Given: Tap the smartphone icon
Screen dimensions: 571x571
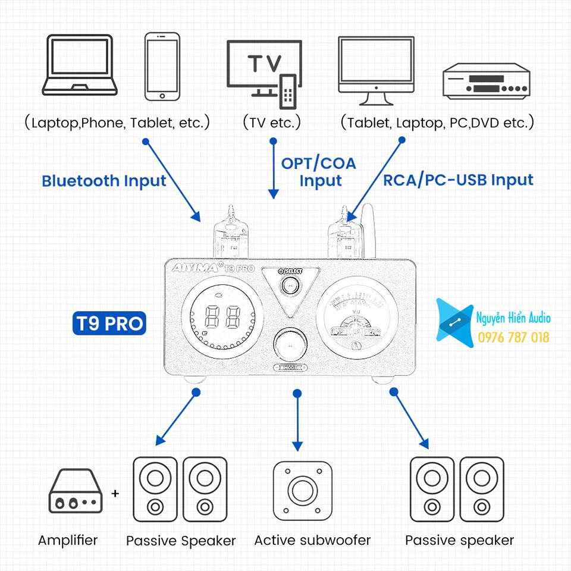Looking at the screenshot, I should [x=162, y=66].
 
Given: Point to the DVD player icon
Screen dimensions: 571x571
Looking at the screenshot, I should [x=486, y=80].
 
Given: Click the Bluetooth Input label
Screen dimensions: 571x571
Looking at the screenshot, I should [x=104, y=181].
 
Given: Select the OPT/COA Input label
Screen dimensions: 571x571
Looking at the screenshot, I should [x=319, y=172].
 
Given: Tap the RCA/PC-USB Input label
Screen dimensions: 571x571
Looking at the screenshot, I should [x=458, y=180].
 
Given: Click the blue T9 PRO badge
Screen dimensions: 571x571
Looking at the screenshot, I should [x=110, y=324].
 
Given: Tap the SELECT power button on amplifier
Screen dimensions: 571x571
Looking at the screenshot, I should [x=290, y=286].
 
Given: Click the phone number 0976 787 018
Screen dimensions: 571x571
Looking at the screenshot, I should [x=514, y=338].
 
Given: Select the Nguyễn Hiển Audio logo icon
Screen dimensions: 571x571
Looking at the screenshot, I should [x=455, y=320].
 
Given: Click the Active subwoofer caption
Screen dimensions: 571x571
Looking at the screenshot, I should [x=312, y=541].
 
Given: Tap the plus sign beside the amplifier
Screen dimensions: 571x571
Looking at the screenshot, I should [x=115, y=493].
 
